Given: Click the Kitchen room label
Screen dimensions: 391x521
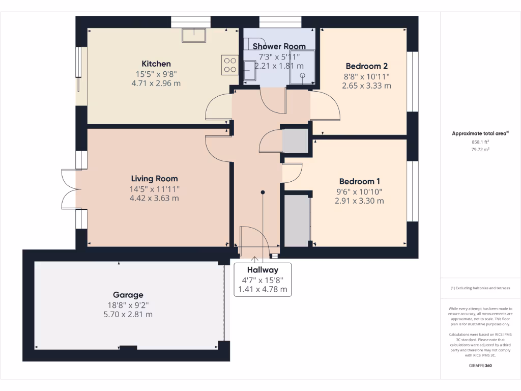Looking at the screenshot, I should (156, 64).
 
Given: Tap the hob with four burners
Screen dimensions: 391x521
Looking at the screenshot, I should (230, 65).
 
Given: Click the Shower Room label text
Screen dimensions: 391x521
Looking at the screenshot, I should (279, 46).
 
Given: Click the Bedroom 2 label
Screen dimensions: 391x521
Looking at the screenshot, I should (366, 66).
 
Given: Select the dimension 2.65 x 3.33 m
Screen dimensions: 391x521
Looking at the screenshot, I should (366, 86).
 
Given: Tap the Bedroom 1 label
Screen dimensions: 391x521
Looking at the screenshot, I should (359, 181).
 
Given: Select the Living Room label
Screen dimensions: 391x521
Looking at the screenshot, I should (154, 179).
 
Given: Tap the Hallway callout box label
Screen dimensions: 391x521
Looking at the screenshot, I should (263, 270).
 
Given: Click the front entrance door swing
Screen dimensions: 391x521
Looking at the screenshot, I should (253, 239).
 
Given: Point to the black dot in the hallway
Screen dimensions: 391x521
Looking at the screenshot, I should (263, 192).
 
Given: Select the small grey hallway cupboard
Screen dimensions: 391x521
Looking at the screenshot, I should (296, 142).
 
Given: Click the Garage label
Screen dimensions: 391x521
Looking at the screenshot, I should (128, 295).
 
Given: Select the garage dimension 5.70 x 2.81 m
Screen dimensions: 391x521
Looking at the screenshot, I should (128, 315).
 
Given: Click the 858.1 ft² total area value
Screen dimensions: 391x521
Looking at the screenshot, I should (480, 143).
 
